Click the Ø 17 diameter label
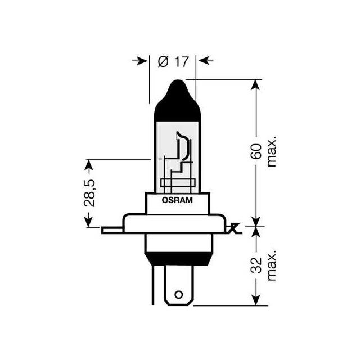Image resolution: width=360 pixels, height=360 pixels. [x=172, y=61]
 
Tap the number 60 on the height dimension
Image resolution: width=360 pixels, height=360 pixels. [x=258, y=152]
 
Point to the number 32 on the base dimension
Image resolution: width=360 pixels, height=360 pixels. [x=258, y=265]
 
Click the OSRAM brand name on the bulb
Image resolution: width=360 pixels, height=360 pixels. [x=178, y=200]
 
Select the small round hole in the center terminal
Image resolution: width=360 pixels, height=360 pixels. [x=179, y=294]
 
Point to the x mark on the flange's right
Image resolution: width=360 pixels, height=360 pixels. [x=235, y=228]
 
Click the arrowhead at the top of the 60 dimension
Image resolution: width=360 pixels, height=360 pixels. [x=256, y=84]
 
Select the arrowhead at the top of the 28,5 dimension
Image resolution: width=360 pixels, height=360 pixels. [x=88, y=165]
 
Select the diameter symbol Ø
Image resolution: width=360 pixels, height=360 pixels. [x=163, y=61]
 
